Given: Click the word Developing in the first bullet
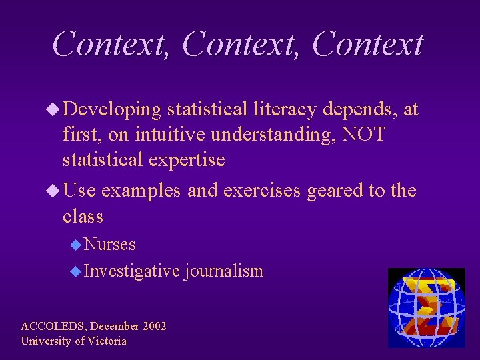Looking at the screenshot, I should (x=115, y=109).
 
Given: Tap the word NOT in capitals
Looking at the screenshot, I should (x=363, y=135).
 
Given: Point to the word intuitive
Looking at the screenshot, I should (x=170, y=135).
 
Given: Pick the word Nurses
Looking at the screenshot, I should (x=110, y=245).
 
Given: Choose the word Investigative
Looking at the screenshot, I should (x=132, y=271).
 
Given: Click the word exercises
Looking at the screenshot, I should (x=262, y=191).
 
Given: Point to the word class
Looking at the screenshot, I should (x=83, y=216).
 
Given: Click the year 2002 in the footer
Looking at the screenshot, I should (x=153, y=326).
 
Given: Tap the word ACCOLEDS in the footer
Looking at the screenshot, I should (x=52, y=326).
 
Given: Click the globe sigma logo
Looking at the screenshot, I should (x=426, y=307).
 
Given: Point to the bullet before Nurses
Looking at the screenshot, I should (x=76, y=245).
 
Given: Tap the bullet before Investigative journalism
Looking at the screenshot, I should (x=76, y=272).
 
